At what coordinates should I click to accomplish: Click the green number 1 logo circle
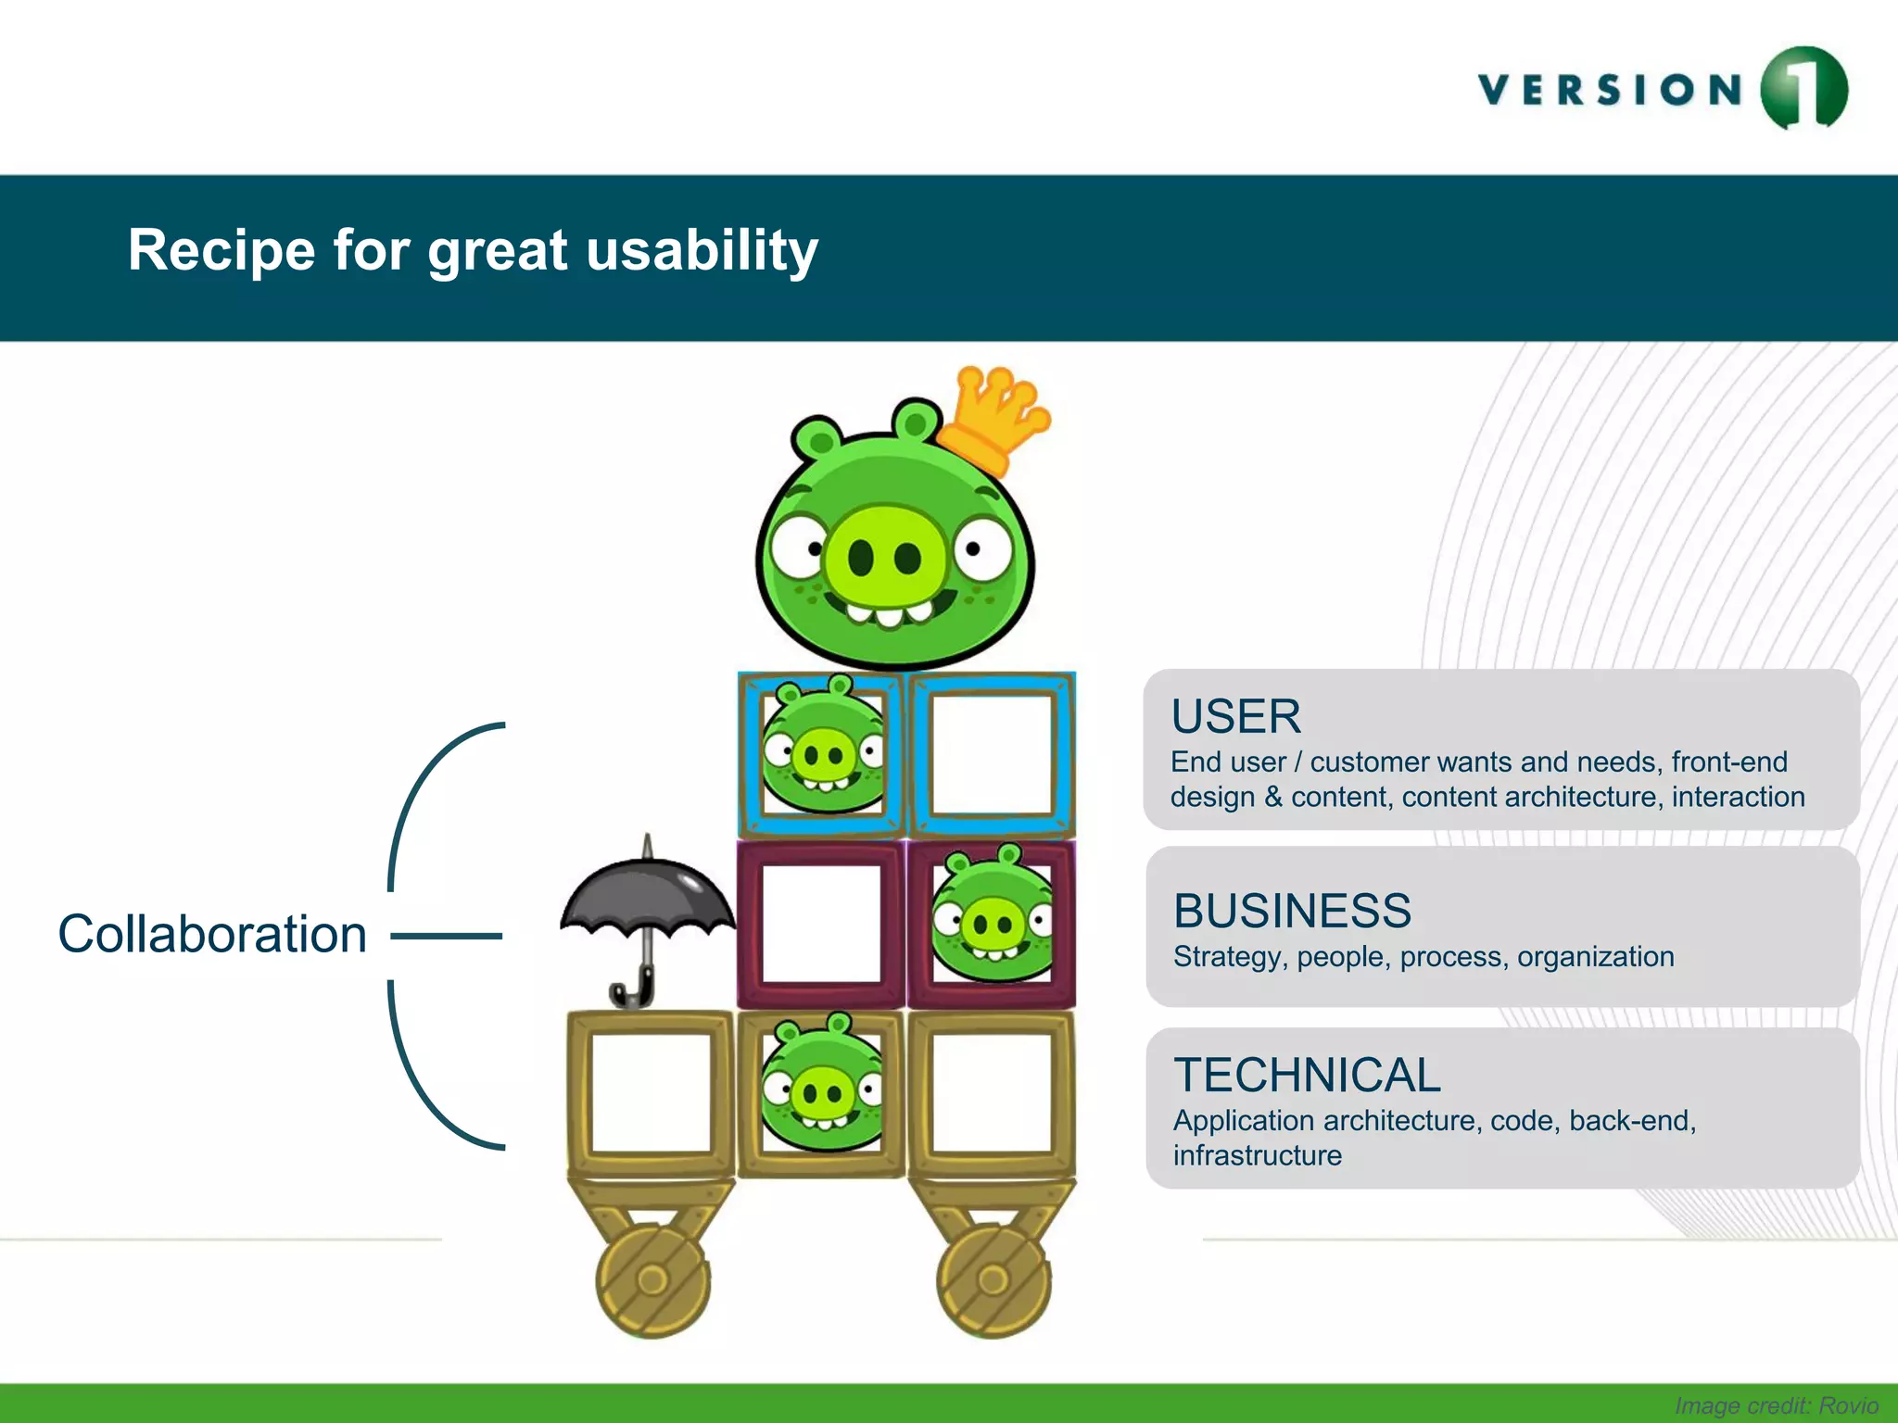tap(1803, 88)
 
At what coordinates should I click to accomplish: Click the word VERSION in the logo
tap(1611, 90)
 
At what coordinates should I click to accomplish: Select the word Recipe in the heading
tap(221, 250)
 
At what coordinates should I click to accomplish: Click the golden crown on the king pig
tap(996, 417)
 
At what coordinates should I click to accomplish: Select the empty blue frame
tap(992, 755)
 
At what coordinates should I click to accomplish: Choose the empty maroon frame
tap(821, 924)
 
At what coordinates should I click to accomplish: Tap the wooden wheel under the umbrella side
tap(652, 1280)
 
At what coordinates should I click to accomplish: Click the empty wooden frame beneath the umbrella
tap(651, 1093)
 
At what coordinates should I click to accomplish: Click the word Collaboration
tap(212, 934)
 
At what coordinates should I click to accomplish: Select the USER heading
tap(1235, 716)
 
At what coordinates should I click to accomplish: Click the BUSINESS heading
tap(1292, 911)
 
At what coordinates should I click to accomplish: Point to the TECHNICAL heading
tap(1307, 1076)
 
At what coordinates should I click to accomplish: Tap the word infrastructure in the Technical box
tap(1257, 1156)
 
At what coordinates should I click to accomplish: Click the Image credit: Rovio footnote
tap(1776, 1405)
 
